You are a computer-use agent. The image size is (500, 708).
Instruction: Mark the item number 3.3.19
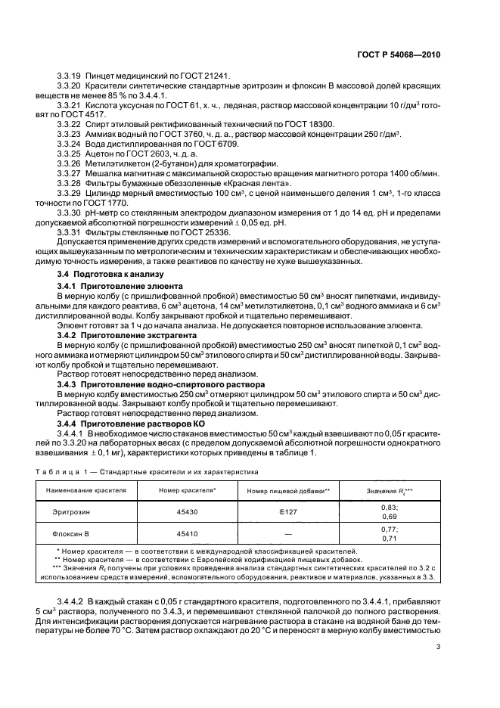(71, 76)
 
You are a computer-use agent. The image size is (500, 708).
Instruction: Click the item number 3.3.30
(71, 213)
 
